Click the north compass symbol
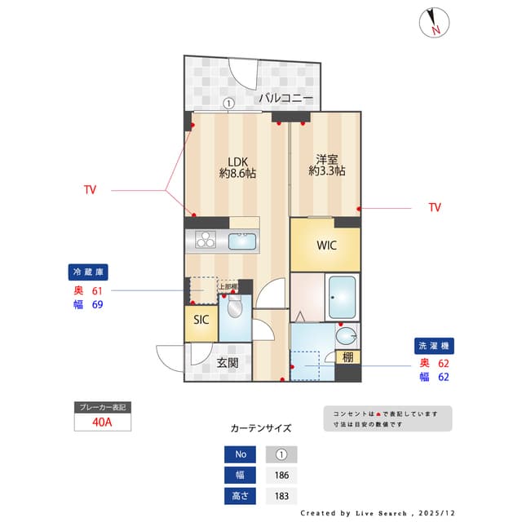(434, 22)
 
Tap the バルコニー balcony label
(285, 98)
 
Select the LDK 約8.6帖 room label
(237, 166)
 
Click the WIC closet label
(326, 245)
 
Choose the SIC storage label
(201, 320)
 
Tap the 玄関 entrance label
(228, 363)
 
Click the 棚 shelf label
(347, 356)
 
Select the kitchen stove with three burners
(204, 241)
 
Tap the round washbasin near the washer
(347, 334)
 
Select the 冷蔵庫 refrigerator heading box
(89, 272)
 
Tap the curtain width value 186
(281, 475)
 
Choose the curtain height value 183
(281, 495)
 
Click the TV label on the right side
(435, 208)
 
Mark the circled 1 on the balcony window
(229, 104)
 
